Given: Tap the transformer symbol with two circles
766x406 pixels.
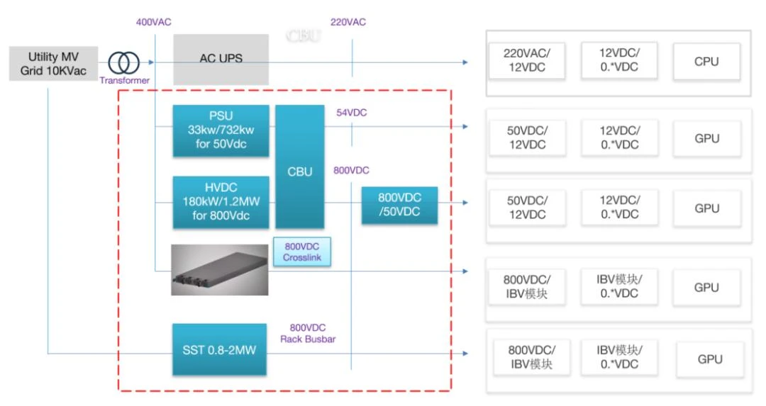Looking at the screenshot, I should coord(124,63).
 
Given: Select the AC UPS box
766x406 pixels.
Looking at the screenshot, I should coord(221,59).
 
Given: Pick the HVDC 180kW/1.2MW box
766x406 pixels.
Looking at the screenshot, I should coord(221,203).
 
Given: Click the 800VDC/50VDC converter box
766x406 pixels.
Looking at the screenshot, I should coord(400,205).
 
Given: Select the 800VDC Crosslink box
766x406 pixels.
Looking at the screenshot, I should coord(301,252).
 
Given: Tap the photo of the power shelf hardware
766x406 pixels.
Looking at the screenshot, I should coord(219,270).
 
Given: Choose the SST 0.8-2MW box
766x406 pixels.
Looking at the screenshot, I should coord(219,350).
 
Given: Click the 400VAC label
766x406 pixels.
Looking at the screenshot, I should coord(152,22).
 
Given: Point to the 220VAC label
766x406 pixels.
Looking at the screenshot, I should coord(348,22).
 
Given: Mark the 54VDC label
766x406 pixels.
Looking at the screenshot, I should coord(352,113).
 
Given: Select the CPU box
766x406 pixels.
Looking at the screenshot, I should coord(706,62).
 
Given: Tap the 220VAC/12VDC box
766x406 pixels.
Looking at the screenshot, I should coord(525,61).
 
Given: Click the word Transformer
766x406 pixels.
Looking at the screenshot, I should coord(124,81).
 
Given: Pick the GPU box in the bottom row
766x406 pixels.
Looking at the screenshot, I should coord(709,359).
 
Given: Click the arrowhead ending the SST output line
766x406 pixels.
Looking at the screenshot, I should coord(465,353).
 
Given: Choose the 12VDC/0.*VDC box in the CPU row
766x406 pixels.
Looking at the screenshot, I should coord(618,61).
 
